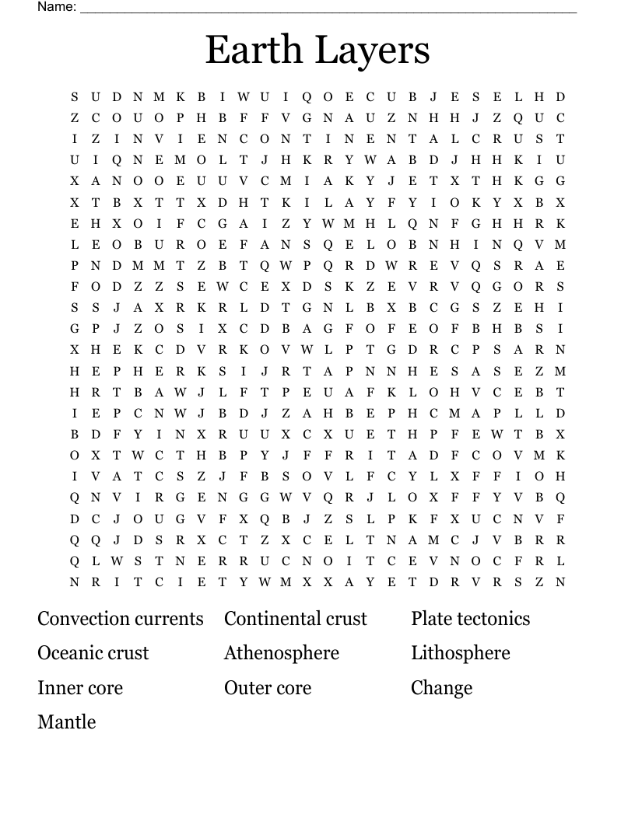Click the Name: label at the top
click(x=57, y=7)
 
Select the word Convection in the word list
click(x=83, y=619)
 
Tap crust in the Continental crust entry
click(x=346, y=619)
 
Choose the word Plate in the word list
click(x=432, y=619)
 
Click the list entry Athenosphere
click(x=282, y=653)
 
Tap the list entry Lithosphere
click(x=461, y=653)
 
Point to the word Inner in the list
click(x=58, y=688)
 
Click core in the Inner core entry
click(x=102, y=688)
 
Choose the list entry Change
click(x=442, y=689)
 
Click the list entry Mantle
click(x=67, y=722)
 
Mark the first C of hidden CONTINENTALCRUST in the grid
click(x=244, y=139)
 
